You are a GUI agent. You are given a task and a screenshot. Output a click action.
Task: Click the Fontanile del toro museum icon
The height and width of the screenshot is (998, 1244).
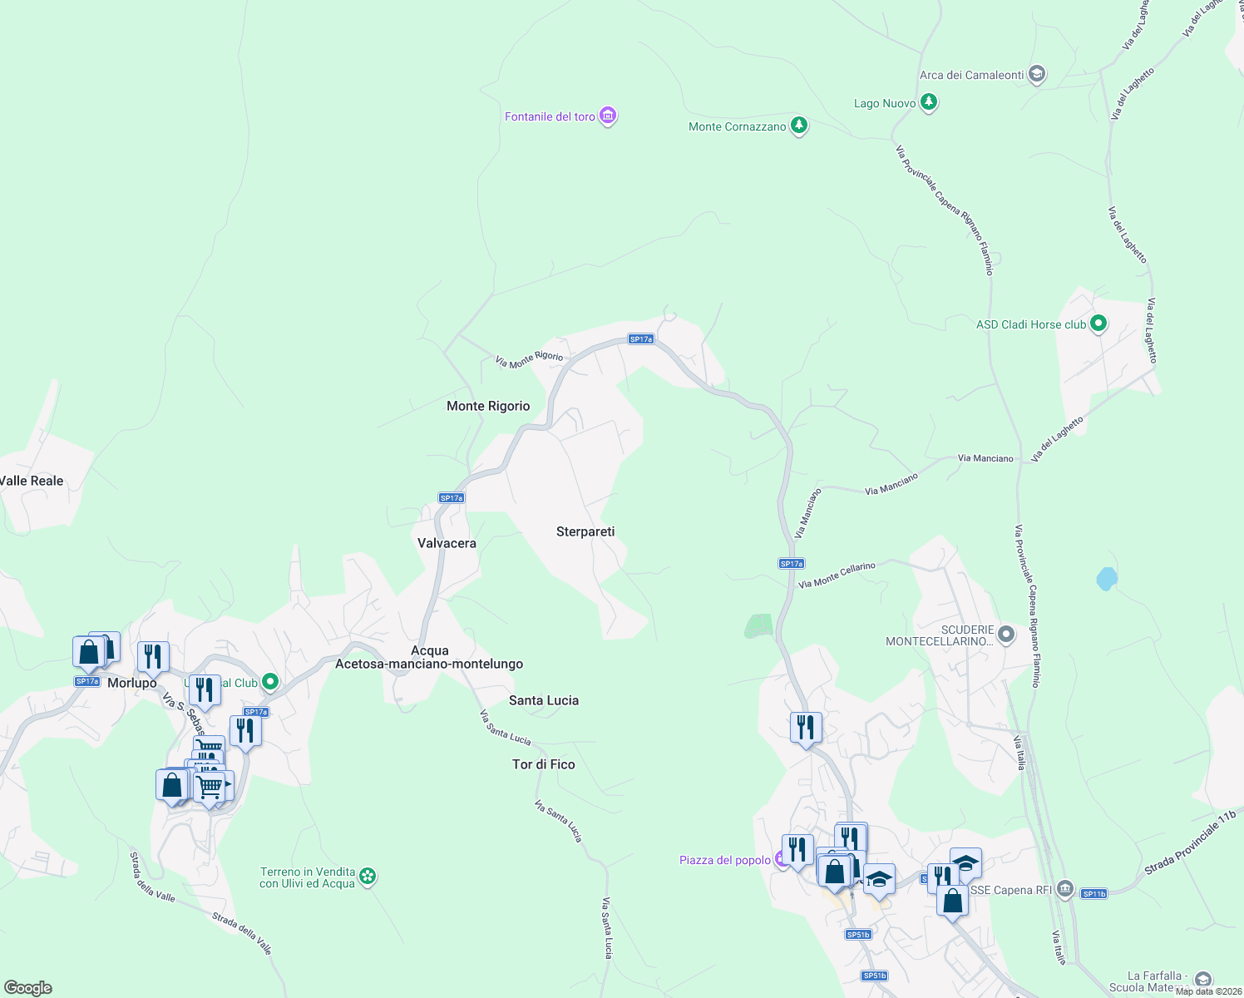[608, 116]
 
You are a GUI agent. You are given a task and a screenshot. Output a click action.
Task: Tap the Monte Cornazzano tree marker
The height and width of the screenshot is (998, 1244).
[799, 126]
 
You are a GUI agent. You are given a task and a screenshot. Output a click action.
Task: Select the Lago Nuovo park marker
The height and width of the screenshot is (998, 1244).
[929, 103]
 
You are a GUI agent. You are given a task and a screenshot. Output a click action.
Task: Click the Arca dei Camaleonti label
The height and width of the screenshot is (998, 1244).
[971, 75]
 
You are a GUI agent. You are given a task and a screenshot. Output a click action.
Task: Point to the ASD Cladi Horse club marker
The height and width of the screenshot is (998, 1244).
[1098, 324]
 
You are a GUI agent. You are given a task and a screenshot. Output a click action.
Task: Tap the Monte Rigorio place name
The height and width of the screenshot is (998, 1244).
[488, 406]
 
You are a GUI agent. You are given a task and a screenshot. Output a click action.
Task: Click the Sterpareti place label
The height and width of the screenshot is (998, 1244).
[585, 531]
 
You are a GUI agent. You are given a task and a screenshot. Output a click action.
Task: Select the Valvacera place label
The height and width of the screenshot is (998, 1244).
[447, 543]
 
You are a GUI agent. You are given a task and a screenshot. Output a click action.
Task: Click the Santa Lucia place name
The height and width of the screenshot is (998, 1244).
[544, 700]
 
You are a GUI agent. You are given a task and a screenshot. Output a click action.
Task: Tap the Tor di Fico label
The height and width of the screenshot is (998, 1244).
[544, 764]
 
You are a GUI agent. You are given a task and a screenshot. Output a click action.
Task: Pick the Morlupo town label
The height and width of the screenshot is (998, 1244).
[132, 683]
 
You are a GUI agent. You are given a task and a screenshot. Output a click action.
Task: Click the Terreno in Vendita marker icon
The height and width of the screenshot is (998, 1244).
[368, 877]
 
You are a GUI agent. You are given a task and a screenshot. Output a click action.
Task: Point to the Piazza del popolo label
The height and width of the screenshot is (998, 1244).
[724, 860]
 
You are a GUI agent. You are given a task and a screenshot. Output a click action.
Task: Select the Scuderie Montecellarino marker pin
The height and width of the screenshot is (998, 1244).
[1005, 635]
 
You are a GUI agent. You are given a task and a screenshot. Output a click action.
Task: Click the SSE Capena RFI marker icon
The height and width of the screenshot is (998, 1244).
[1065, 890]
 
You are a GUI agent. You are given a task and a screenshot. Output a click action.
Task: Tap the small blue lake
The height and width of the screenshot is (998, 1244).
[1106, 578]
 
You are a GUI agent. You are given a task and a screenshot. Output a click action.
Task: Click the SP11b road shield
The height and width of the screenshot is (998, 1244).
[1093, 894]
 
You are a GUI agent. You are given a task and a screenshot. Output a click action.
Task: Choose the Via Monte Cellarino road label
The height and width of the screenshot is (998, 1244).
[837, 576]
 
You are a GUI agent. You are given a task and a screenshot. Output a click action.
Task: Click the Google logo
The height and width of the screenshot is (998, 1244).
[28, 987]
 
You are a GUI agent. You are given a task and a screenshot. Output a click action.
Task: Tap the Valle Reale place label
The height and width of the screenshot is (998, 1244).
[32, 481]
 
